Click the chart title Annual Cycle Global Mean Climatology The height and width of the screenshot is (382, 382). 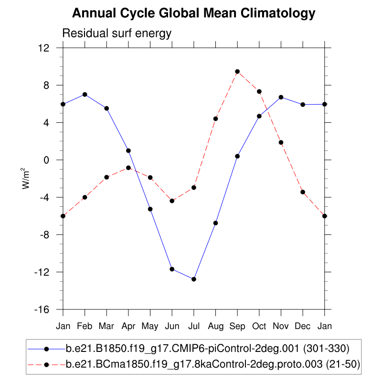(x=193, y=14)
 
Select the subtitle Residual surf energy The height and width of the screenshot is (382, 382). (x=117, y=33)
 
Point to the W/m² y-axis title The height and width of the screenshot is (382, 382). (x=27, y=179)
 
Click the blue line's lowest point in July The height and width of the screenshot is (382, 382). (x=194, y=279)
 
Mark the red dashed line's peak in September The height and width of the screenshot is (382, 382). (x=237, y=72)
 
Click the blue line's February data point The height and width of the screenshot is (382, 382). (x=85, y=95)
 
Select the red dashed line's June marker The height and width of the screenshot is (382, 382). (x=172, y=201)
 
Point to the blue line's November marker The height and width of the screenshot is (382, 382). (x=281, y=97)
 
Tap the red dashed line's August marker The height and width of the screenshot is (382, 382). (x=215, y=119)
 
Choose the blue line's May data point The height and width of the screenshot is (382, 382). (x=150, y=209)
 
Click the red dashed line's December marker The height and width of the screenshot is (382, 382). (x=303, y=192)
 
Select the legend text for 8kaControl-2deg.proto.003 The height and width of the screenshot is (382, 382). (x=212, y=365)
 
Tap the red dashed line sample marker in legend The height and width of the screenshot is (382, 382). (x=46, y=365)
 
